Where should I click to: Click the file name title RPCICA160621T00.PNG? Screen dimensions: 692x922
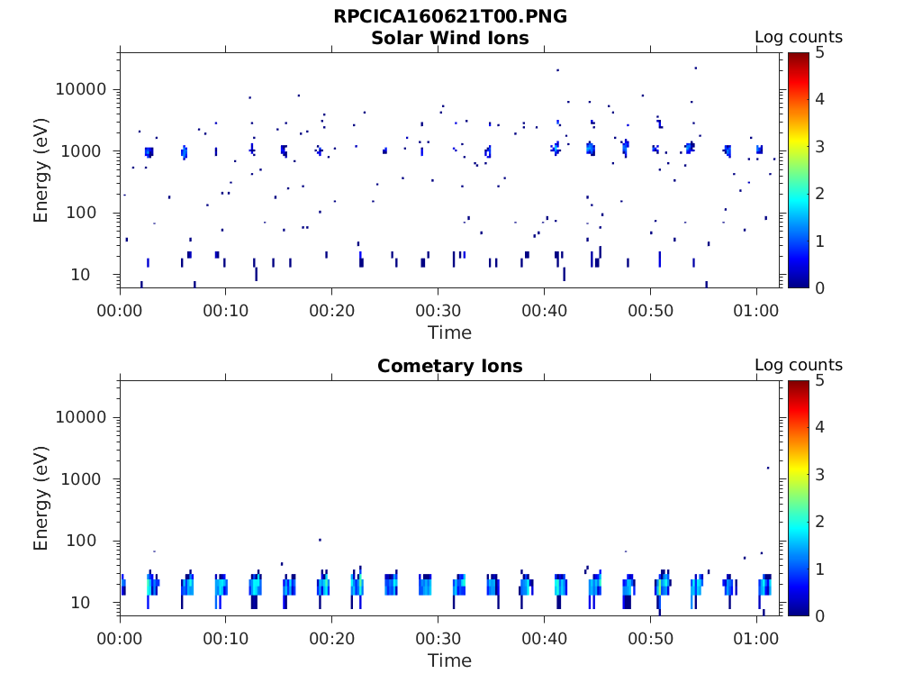click(449, 16)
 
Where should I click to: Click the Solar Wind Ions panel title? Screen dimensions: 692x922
click(449, 38)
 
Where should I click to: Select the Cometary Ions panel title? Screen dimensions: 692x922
click(449, 366)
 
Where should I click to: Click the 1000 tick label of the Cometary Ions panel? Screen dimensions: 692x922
click(86, 479)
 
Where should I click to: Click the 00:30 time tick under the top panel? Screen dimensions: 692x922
click(438, 310)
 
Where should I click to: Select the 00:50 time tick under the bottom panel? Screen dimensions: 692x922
click(650, 638)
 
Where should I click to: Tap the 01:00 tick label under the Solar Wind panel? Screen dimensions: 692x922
click(756, 310)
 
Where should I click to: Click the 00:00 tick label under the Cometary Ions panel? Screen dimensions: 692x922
click(120, 638)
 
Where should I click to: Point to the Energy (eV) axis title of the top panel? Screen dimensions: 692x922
click(41, 171)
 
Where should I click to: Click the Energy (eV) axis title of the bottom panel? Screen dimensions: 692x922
click(41, 499)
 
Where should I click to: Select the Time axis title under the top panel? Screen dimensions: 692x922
click(449, 332)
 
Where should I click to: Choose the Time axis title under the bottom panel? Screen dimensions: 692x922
click(449, 660)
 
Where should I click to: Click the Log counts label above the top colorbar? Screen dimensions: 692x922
click(798, 37)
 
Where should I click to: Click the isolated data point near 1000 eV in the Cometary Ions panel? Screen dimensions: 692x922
click(767, 468)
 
